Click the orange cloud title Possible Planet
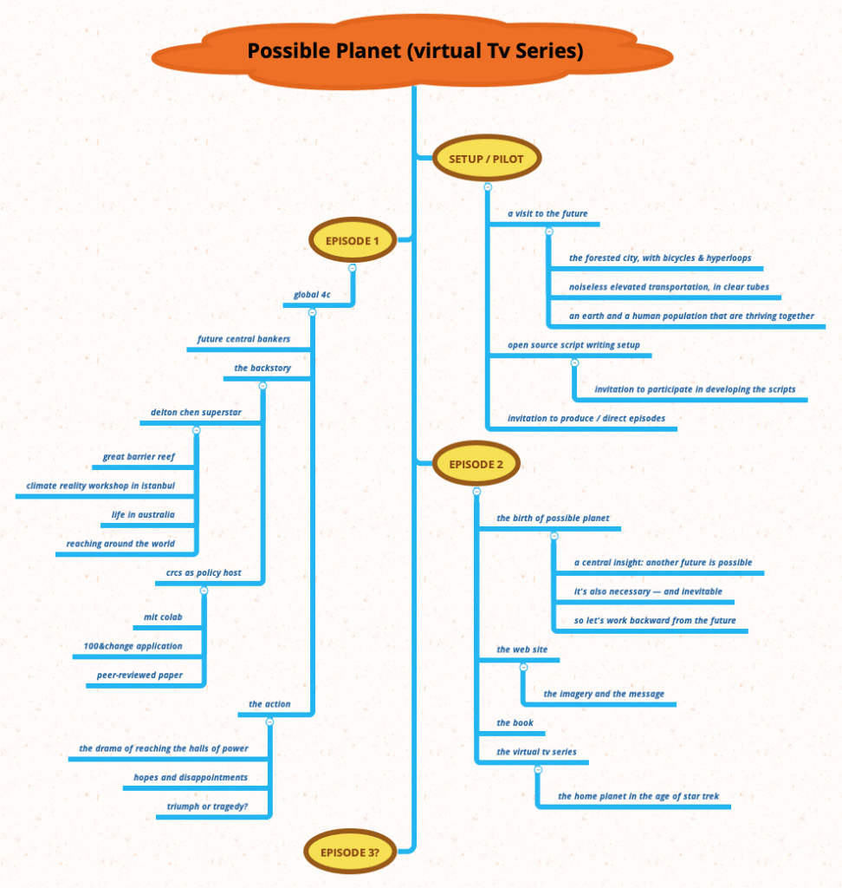tap(415, 51)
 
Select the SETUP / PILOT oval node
tap(486, 160)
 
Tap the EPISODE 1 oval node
tap(352, 241)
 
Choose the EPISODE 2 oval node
tap(476, 464)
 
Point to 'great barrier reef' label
tap(139, 455)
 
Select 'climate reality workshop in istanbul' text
tap(100, 485)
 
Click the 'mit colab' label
tap(163, 617)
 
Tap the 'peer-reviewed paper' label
tap(146, 674)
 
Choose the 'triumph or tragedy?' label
tap(207, 806)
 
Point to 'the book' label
tap(515, 722)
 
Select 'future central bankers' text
tap(243, 338)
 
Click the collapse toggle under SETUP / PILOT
tap(488, 187)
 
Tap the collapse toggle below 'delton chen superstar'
tap(196, 430)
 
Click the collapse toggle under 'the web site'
tap(523, 667)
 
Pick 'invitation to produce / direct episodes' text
tap(586, 418)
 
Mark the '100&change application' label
tap(133, 645)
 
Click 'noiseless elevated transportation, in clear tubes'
tap(669, 286)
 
